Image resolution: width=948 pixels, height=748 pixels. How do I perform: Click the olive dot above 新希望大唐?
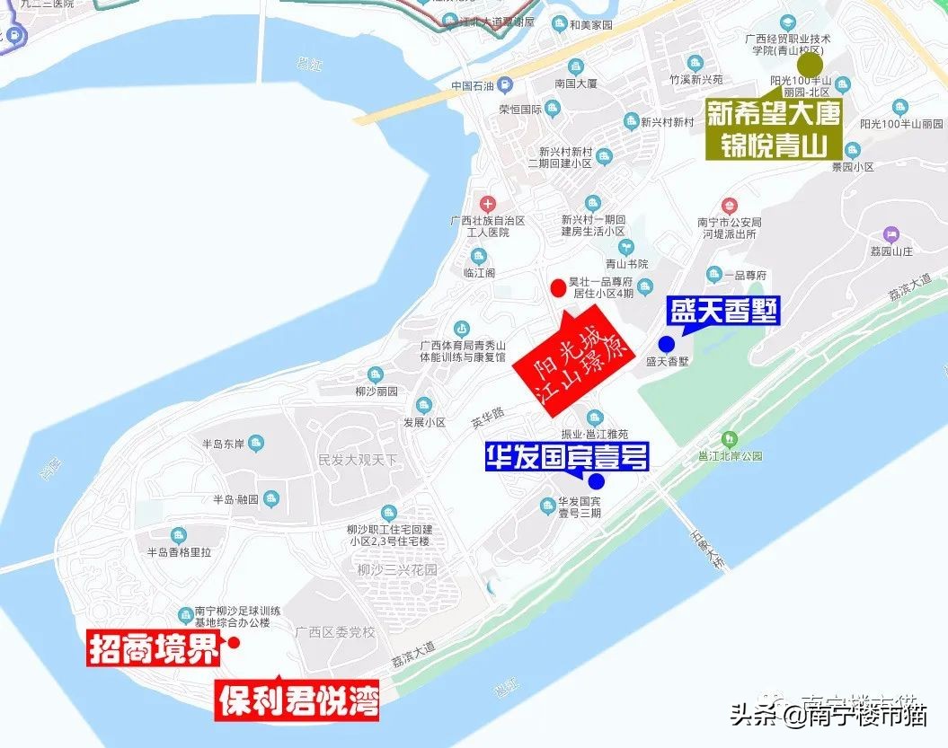coord(811,65)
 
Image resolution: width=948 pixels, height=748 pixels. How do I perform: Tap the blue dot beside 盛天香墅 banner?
coord(666,344)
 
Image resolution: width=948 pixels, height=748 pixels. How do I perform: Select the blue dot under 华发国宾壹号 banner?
coord(597,480)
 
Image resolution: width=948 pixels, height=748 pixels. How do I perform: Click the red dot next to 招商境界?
coord(234,643)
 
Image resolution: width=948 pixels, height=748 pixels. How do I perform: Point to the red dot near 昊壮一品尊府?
coord(558,287)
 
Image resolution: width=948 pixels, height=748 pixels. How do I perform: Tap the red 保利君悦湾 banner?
coord(297,699)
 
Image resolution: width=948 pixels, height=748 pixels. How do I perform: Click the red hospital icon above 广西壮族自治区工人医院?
coord(488,204)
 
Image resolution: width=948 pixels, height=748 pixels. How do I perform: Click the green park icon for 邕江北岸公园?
coord(729,439)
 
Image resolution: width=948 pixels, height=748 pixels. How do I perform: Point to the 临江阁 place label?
coord(479,273)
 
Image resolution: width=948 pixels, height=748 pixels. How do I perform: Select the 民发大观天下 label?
coord(357,460)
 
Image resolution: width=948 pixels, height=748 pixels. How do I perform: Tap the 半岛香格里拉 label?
coord(179,552)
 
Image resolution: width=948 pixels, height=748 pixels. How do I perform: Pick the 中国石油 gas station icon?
coord(505,86)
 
